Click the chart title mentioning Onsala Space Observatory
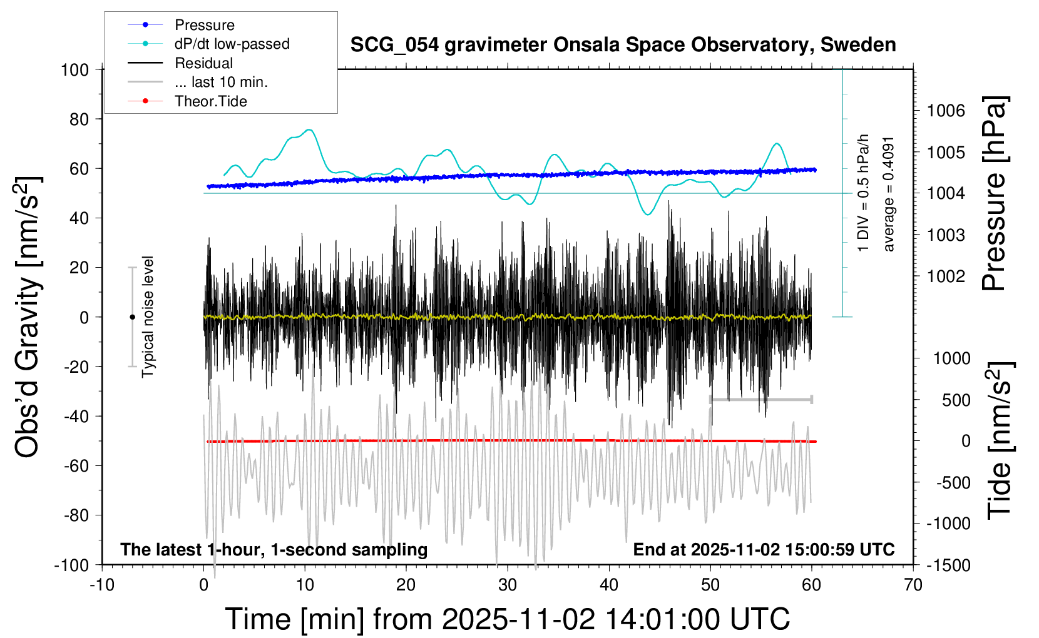tap(623, 45)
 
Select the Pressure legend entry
tap(204, 25)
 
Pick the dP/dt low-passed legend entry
tap(232, 44)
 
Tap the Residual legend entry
tap(203, 63)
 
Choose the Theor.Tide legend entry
tap(210, 101)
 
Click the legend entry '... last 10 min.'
tap(221, 82)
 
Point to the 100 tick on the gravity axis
tap(75, 69)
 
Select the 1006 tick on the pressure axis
tap(946, 111)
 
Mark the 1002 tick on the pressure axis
tap(946, 276)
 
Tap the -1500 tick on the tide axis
tap(948, 565)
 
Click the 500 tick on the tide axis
tap(956, 400)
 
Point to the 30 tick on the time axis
tap(508, 585)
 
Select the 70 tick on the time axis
tap(913, 585)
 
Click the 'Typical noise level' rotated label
tap(148, 316)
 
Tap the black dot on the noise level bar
tap(132, 317)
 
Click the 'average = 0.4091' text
tap(889, 194)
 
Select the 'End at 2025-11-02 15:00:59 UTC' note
tap(764, 550)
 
